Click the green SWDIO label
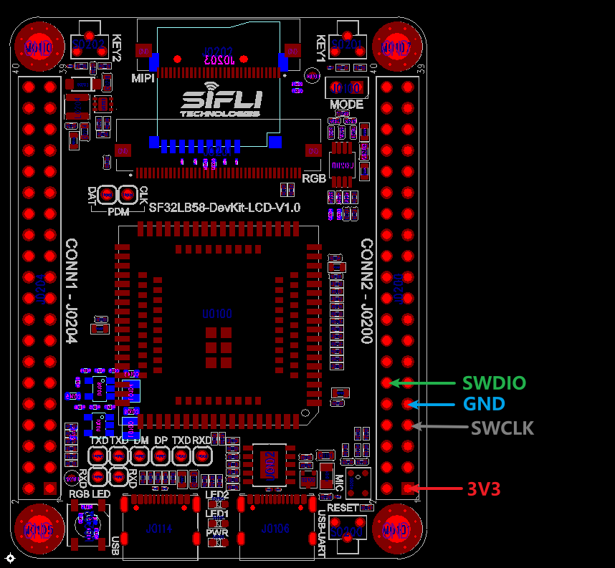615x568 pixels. pyautogui.click(x=494, y=382)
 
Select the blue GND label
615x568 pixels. pyautogui.click(x=484, y=404)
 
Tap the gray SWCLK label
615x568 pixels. pyautogui.click(x=502, y=428)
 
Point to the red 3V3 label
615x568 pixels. pyautogui.click(x=483, y=489)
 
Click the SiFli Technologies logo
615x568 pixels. pyautogui.click(x=221, y=103)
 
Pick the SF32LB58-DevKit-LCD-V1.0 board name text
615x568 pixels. pyautogui.click(x=224, y=208)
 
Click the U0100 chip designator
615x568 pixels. pyautogui.click(x=216, y=314)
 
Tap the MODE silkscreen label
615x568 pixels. pyautogui.click(x=346, y=105)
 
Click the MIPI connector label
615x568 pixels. pyautogui.click(x=143, y=78)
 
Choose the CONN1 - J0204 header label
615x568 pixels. pyautogui.click(x=72, y=291)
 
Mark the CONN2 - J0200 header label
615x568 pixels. pyautogui.click(x=366, y=291)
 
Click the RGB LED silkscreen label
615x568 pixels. pyautogui.click(x=90, y=494)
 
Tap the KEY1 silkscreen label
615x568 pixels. pyautogui.click(x=320, y=48)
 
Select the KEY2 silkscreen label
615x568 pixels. pyautogui.click(x=118, y=48)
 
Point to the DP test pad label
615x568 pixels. pyautogui.click(x=161, y=440)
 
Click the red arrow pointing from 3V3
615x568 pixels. pyautogui.click(x=439, y=489)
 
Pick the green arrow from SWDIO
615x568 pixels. pyautogui.click(x=423, y=382)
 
